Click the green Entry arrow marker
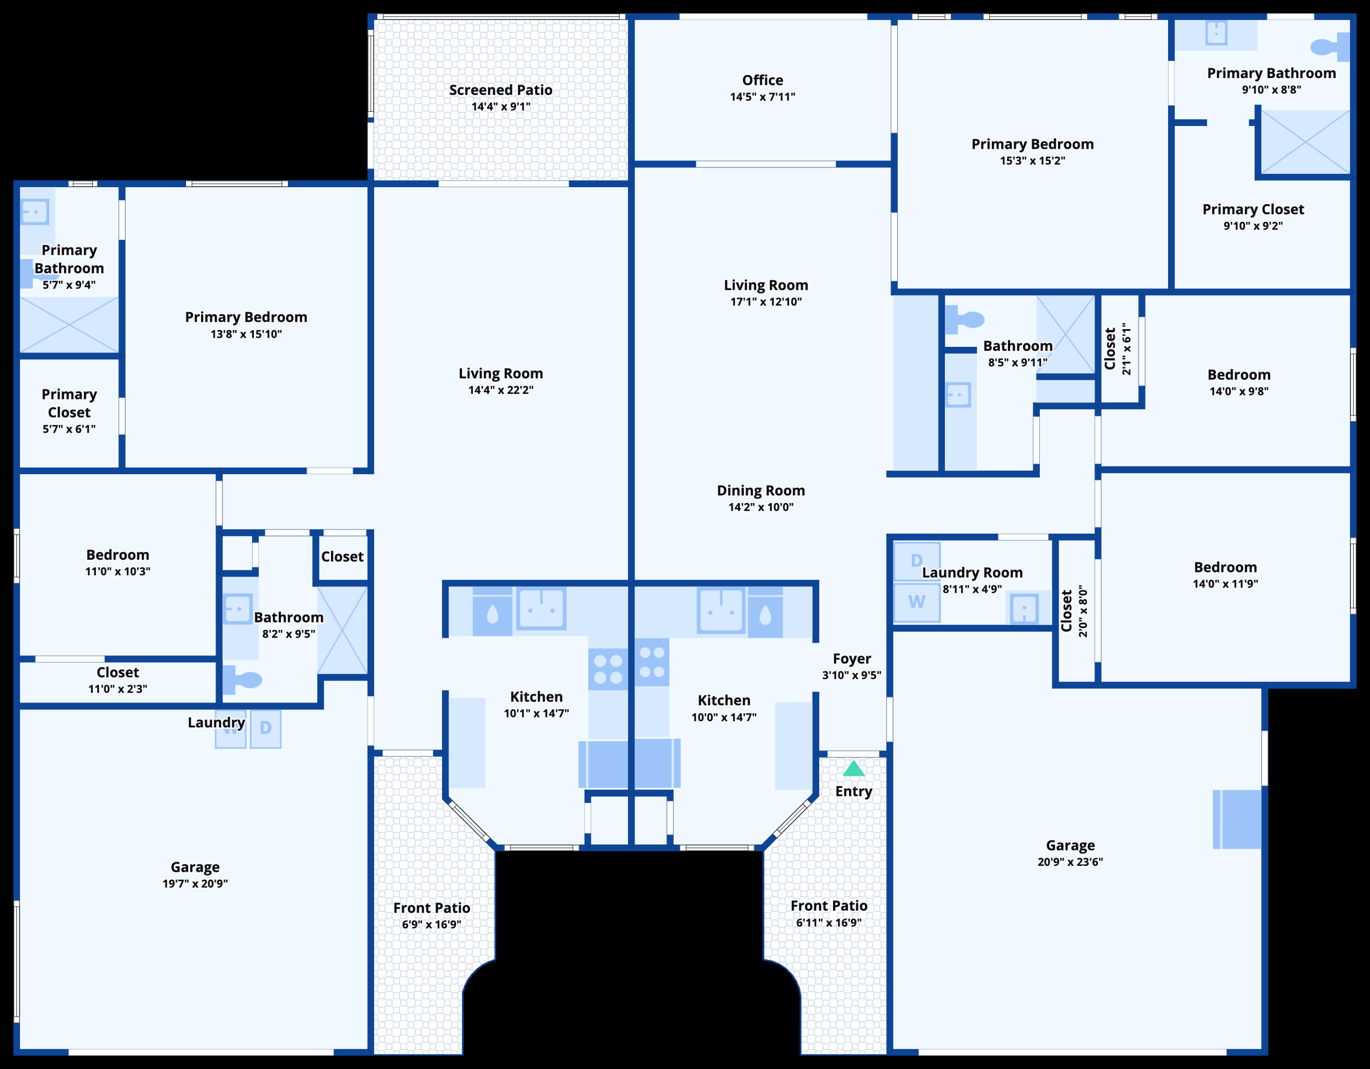tap(854, 769)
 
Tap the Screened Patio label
tap(501, 90)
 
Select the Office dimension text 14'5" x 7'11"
tap(762, 97)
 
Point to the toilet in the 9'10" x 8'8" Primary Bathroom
tap(1328, 47)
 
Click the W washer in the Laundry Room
tap(917, 602)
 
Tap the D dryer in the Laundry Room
tap(917, 560)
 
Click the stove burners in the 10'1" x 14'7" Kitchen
tap(608, 669)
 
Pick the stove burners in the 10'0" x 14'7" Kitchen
tap(652, 662)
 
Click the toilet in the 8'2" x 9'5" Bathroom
tap(243, 680)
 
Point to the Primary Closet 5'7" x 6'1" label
tap(69, 403)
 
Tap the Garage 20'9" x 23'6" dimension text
tap(1070, 862)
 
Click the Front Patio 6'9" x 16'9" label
tap(432, 908)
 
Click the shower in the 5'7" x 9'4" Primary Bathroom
tap(69, 324)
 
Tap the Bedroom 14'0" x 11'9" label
tap(1225, 567)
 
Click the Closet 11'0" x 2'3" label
tap(117, 673)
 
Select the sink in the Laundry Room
tap(1024, 608)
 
